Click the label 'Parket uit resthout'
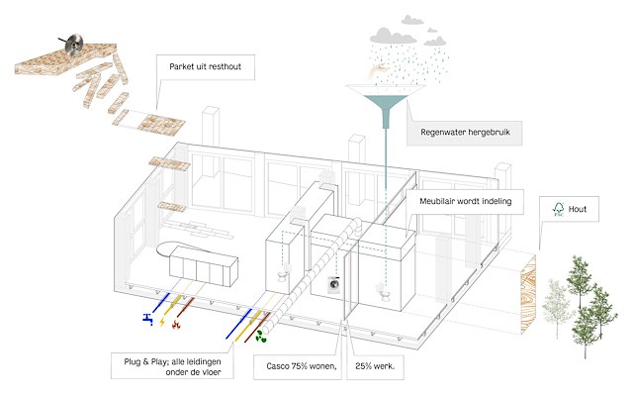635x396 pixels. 204,69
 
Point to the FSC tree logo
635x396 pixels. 559,209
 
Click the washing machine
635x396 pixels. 333,286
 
